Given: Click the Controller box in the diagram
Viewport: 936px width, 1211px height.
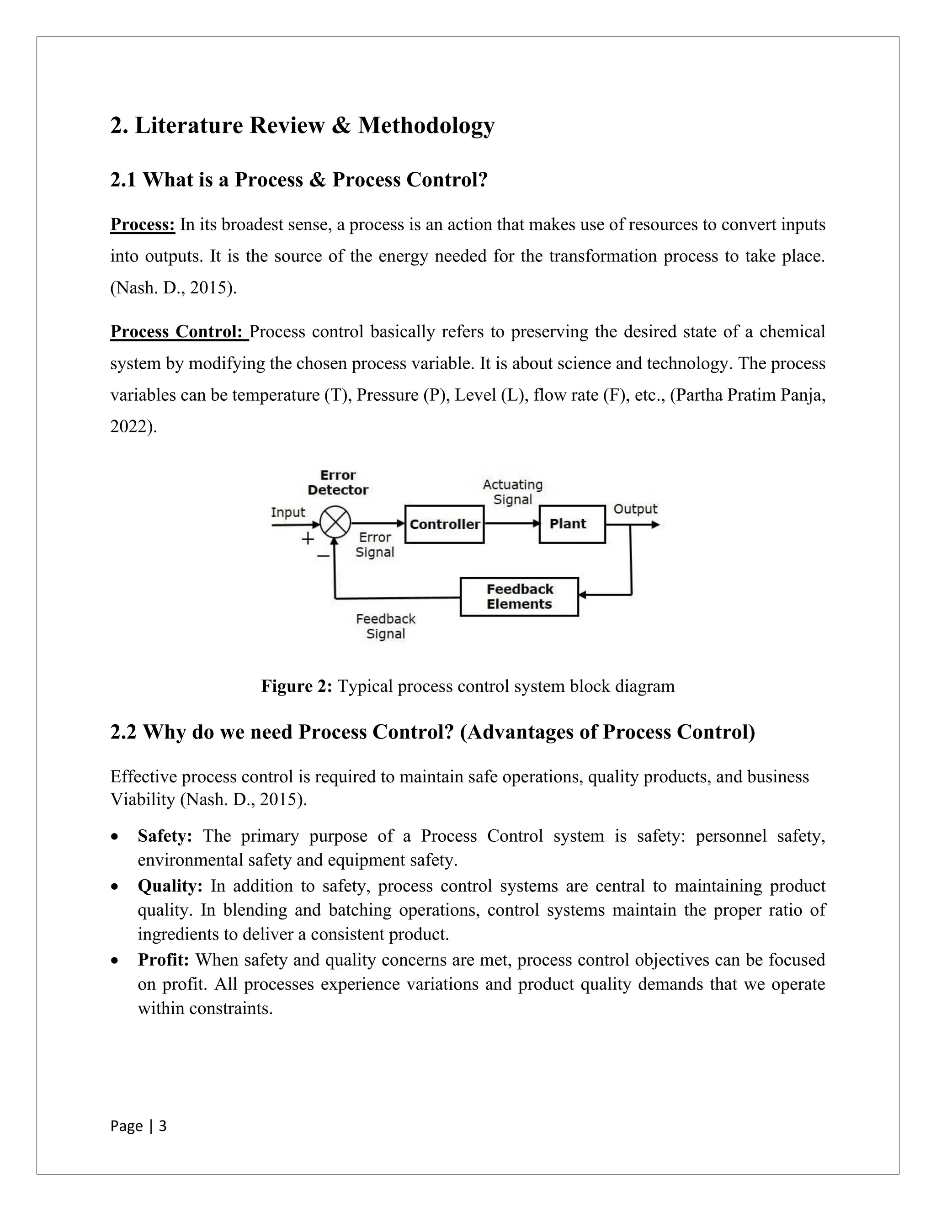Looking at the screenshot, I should (444, 524).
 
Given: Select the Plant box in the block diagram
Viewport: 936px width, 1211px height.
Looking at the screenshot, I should (572, 524).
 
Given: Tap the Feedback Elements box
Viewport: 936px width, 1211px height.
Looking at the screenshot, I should (519, 597).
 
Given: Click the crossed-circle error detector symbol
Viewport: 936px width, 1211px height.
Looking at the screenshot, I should (335, 522).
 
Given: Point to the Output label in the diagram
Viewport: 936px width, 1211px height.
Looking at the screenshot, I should (635, 509).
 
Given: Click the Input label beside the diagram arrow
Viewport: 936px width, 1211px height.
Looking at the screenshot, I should (288, 512).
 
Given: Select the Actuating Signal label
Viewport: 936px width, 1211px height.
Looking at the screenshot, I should (512, 492).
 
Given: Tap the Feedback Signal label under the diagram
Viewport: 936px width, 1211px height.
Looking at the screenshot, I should (385, 626).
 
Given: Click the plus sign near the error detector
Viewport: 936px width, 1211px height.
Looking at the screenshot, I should (307, 538).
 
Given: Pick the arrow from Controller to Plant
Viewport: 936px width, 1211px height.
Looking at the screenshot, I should (511, 523).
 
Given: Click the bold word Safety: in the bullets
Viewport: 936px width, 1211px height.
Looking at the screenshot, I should (165, 836).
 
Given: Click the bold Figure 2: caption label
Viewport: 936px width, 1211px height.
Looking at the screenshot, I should (297, 686).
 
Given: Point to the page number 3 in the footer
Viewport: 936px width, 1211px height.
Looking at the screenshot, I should (162, 1126).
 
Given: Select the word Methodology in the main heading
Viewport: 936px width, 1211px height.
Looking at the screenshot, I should (426, 125).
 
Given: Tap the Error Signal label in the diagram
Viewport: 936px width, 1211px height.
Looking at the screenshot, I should (375, 545).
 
